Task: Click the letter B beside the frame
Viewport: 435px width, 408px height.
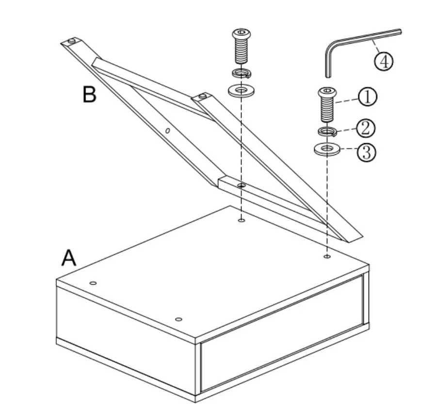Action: [x=89, y=94]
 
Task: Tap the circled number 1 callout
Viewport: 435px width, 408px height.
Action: [x=367, y=97]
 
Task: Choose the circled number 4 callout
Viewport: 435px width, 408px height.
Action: [x=383, y=62]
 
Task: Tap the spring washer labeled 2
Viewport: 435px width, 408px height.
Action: [x=327, y=131]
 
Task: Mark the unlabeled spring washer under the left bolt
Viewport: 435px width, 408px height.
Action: [x=241, y=74]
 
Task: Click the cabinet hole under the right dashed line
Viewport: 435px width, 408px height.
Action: [x=327, y=256]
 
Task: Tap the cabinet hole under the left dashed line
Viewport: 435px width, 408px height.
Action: [x=241, y=221]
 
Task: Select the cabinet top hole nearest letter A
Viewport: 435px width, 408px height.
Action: [x=94, y=282]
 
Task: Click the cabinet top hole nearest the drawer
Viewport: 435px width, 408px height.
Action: [x=178, y=319]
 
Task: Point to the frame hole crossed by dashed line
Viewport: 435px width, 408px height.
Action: [x=241, y=185]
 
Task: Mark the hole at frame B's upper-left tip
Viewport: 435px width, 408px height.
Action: [x=71, y=41]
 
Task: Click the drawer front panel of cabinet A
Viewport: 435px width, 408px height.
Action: [x=281, y=335]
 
